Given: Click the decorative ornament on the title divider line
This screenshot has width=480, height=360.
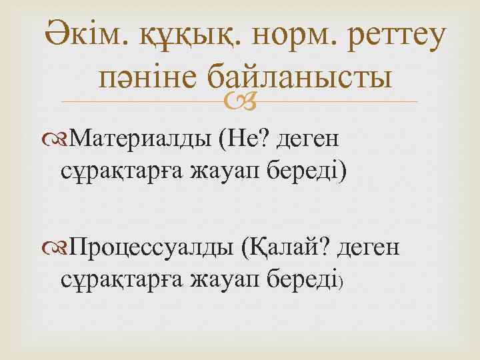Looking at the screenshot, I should pos(240,101).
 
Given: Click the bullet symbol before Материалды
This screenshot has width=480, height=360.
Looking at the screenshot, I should pos(61,139).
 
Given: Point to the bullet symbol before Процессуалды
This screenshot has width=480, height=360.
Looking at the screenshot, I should pos(61,247).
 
